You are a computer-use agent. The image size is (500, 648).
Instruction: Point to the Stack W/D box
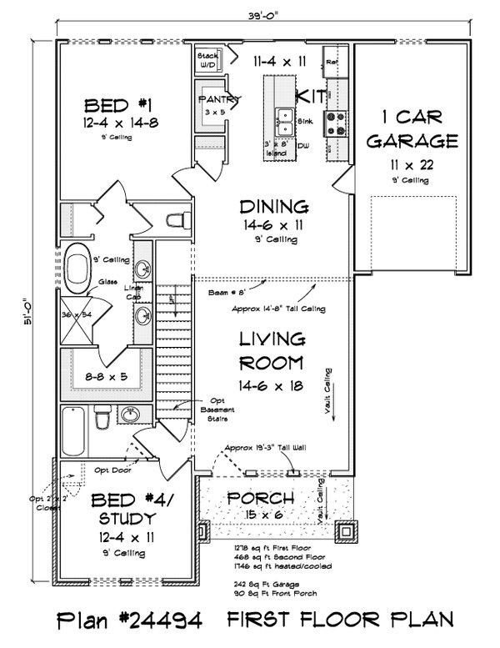point(207,59)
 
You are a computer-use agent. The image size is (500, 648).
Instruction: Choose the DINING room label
point(274,206)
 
